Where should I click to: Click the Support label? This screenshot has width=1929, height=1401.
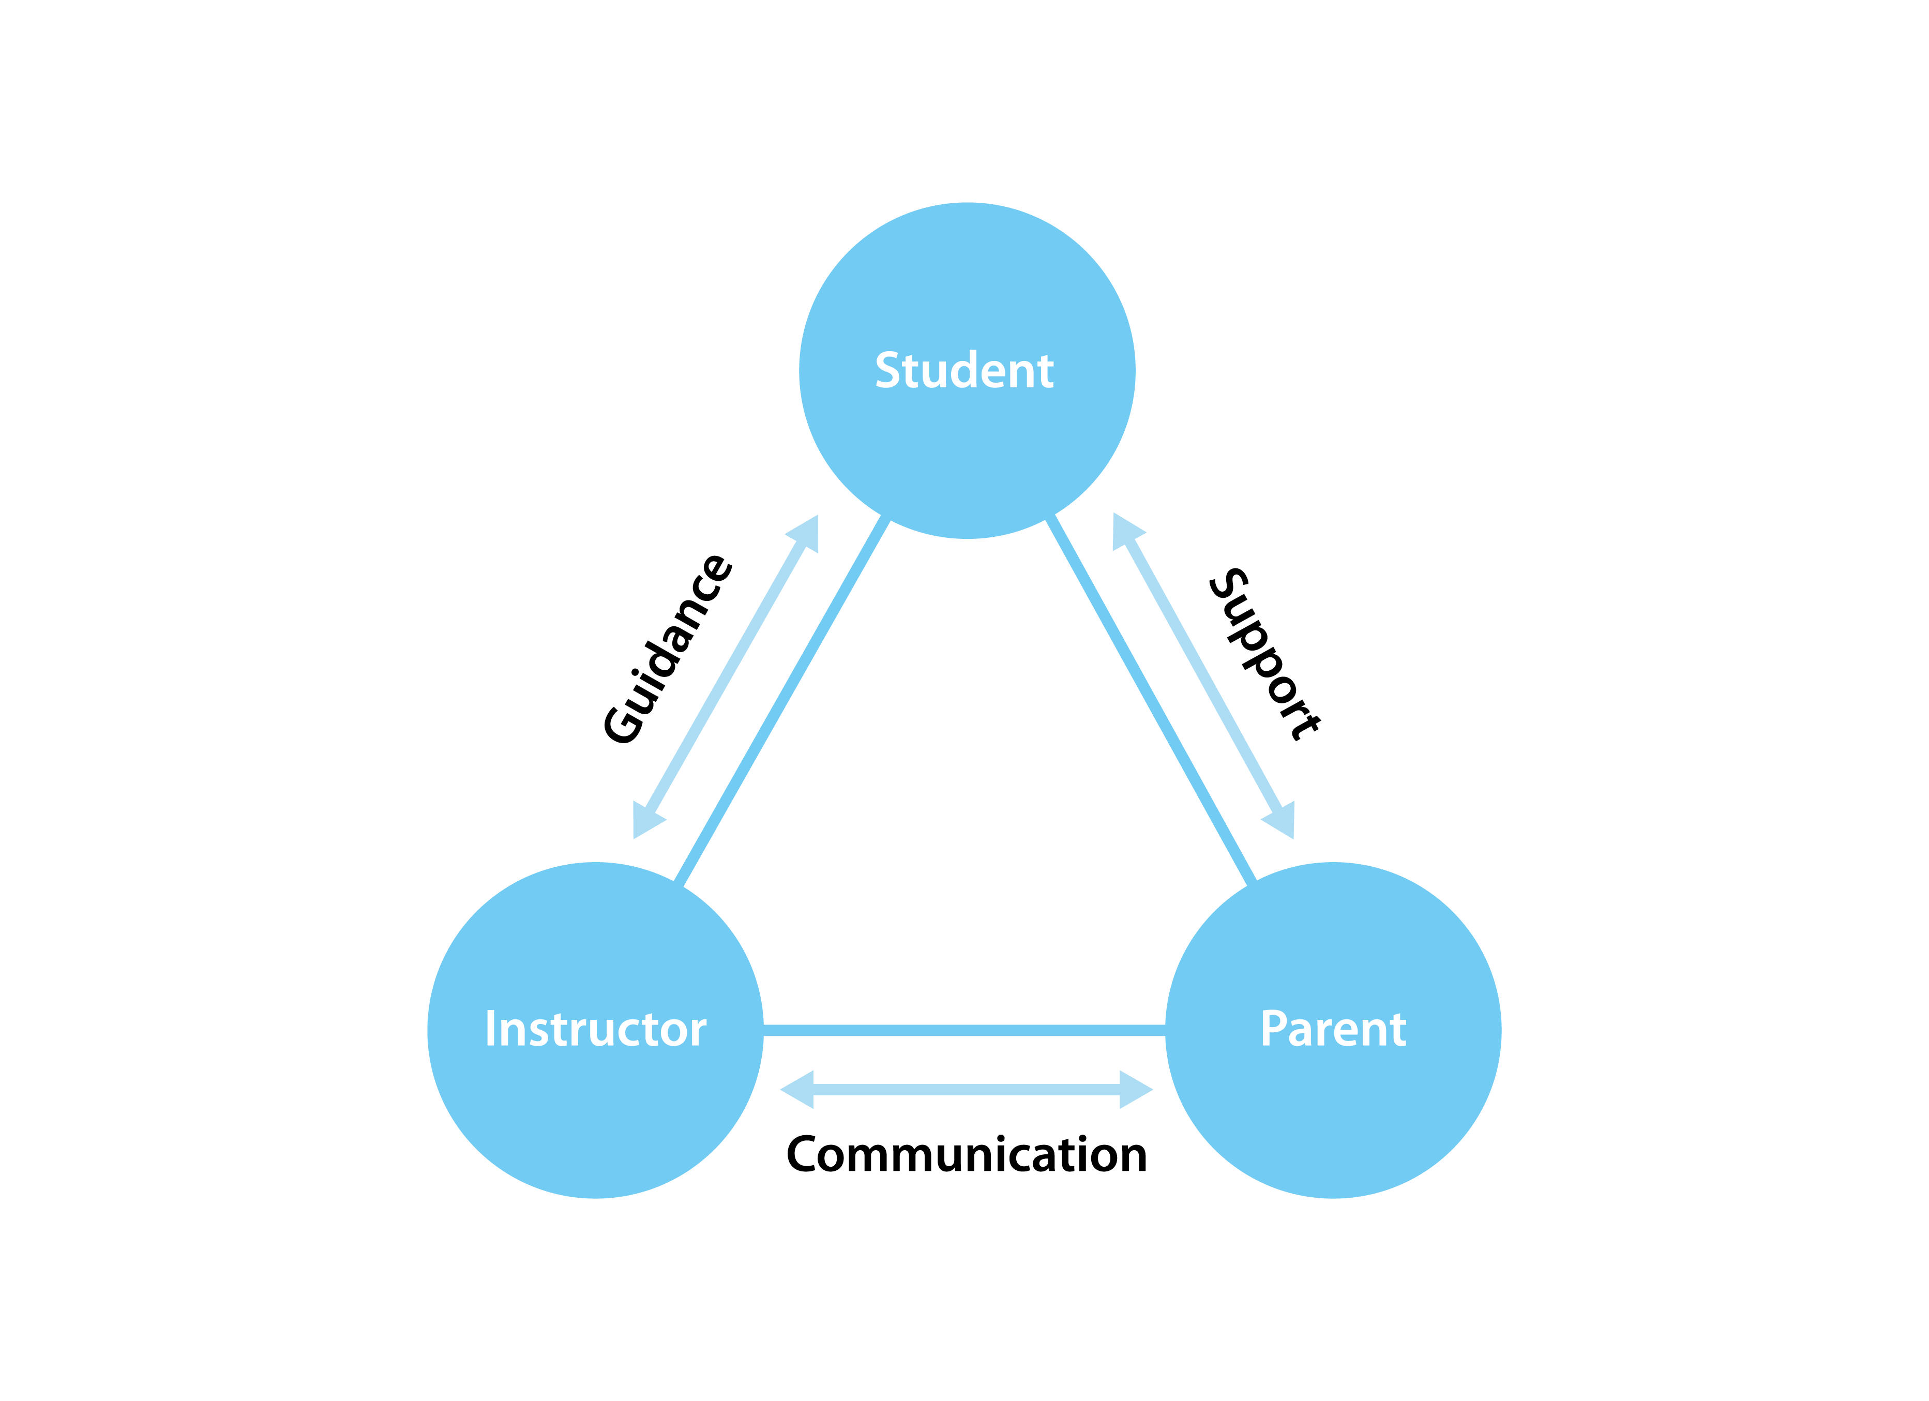(1265, 653)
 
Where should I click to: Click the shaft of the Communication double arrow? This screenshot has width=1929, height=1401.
(966, 1090)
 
